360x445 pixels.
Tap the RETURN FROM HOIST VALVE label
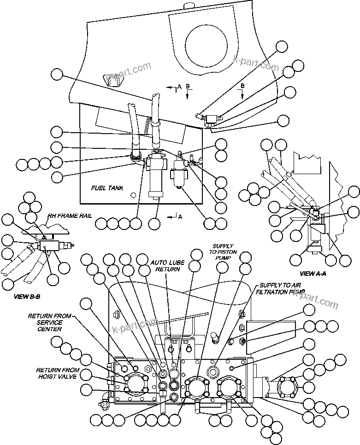[x=58, y=374]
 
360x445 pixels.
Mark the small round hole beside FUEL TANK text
[x=133, y=195]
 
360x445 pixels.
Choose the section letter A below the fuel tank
[x=180, y=217]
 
